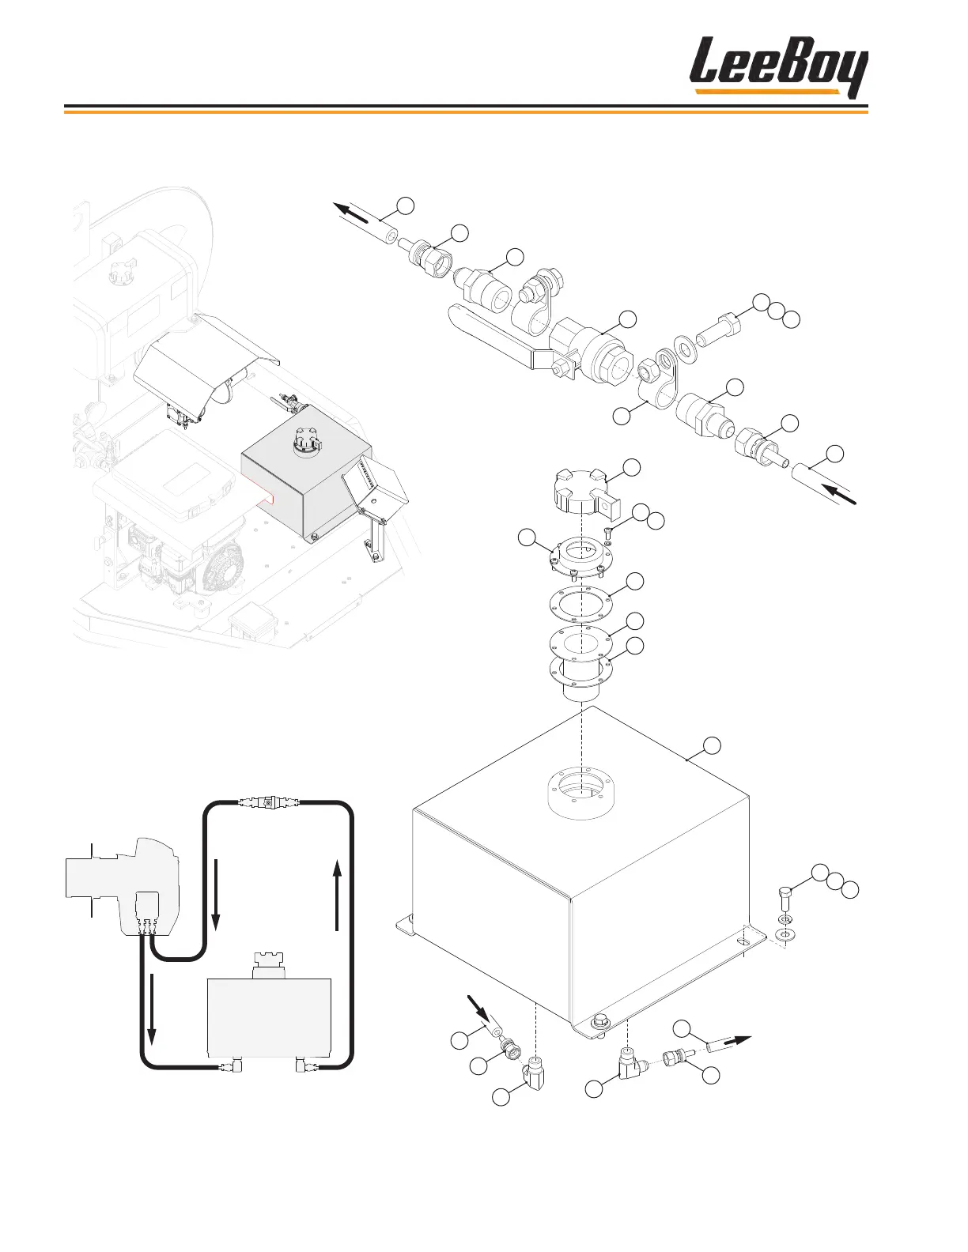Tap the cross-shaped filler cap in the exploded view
[580, 488]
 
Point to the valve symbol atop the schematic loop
[269, 803]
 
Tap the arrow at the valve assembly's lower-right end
[840, 494]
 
